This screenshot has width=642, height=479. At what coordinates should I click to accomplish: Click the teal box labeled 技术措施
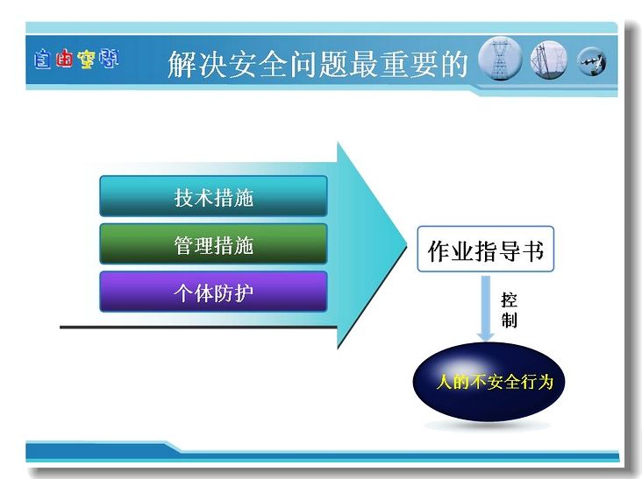[x=213, y=196]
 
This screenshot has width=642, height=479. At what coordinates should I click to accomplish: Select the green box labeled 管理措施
[x=213, y=244]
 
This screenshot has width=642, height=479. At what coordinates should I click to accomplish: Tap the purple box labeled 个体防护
[x=213, y=292]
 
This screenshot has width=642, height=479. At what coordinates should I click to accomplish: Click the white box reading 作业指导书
[x=486, y=249]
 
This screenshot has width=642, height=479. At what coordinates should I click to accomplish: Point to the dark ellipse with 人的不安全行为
[x=489, y=382]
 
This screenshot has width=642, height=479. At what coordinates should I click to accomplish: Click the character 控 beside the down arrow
[x=509, y=300]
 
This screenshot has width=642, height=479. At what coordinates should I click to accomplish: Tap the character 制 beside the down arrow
[x=509, y=321]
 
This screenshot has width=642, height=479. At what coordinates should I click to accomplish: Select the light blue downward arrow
[x=486, y=308]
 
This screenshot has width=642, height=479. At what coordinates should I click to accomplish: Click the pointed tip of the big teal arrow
[x=407, y=246]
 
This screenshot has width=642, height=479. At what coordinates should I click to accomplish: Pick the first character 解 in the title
[x=182, y=64]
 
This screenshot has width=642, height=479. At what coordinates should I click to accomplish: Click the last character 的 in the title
[x=454, y=64]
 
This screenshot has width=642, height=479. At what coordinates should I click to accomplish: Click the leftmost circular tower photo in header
[x=500, y=60]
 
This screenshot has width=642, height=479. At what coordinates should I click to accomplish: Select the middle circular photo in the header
[x=549, y=60]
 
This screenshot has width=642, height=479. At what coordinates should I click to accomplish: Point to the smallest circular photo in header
[x=592, y=61]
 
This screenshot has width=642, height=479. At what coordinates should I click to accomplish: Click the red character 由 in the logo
[x=64, y=59]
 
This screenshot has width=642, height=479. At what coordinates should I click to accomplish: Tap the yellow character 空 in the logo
[x=87, y=60]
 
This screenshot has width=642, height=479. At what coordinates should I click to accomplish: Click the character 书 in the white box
[x=533, y=250]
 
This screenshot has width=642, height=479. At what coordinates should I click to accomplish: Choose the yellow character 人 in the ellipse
[x=445, y=382]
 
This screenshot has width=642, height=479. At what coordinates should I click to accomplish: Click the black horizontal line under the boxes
[x=198, y=327]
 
